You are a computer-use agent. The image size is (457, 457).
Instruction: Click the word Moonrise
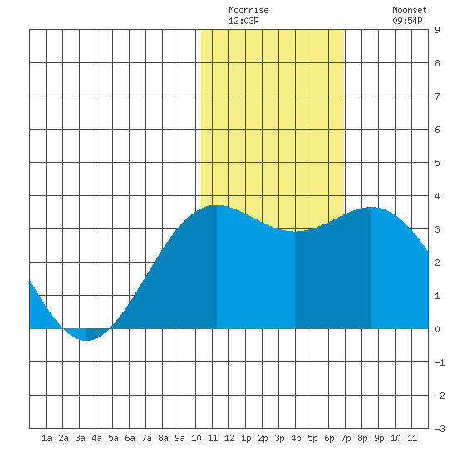248,11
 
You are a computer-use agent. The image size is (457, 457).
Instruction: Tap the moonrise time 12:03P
243,21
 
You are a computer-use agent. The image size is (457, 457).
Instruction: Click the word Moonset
410,11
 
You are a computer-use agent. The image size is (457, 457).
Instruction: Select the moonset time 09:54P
407,21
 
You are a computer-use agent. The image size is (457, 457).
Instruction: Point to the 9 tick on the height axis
437,30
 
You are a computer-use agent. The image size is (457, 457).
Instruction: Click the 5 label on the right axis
437,163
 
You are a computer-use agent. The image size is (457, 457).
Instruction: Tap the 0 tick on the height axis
437,329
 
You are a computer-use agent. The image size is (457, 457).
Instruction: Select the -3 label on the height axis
440,429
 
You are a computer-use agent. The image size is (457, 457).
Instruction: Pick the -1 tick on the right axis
440,362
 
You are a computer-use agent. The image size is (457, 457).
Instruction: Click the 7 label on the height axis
437,96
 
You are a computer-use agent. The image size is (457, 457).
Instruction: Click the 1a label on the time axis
47,438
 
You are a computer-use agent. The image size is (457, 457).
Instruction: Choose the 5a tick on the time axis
113,438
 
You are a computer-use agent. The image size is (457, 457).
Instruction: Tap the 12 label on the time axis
229,438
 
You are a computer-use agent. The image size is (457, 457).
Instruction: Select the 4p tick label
296,438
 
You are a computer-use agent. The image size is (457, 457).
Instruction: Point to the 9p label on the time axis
379,438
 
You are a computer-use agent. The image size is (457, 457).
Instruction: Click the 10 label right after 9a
196,438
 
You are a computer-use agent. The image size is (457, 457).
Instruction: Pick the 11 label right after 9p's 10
412,438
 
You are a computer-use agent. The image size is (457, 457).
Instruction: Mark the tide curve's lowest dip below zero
86,340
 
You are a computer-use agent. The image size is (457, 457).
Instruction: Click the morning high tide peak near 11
217,205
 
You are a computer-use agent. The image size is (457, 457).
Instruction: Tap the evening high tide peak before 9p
371,207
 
